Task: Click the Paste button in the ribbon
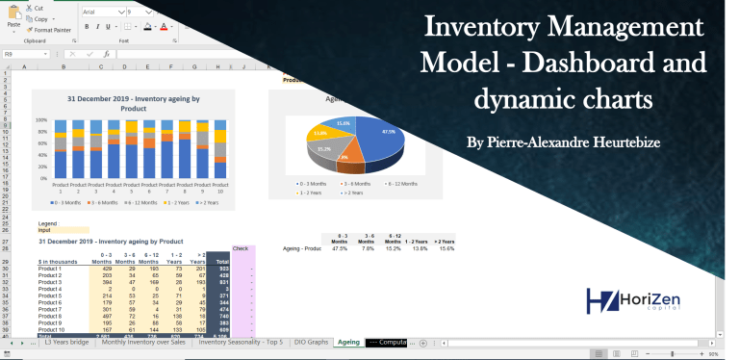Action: (13, 18)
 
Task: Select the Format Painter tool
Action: (52, 30)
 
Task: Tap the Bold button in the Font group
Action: (87, 27)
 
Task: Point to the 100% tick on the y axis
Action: (41, 120)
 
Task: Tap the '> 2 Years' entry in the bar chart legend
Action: (206, 203)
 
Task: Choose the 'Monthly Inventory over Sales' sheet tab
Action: (145, 342)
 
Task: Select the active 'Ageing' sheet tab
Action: (348, 342)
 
